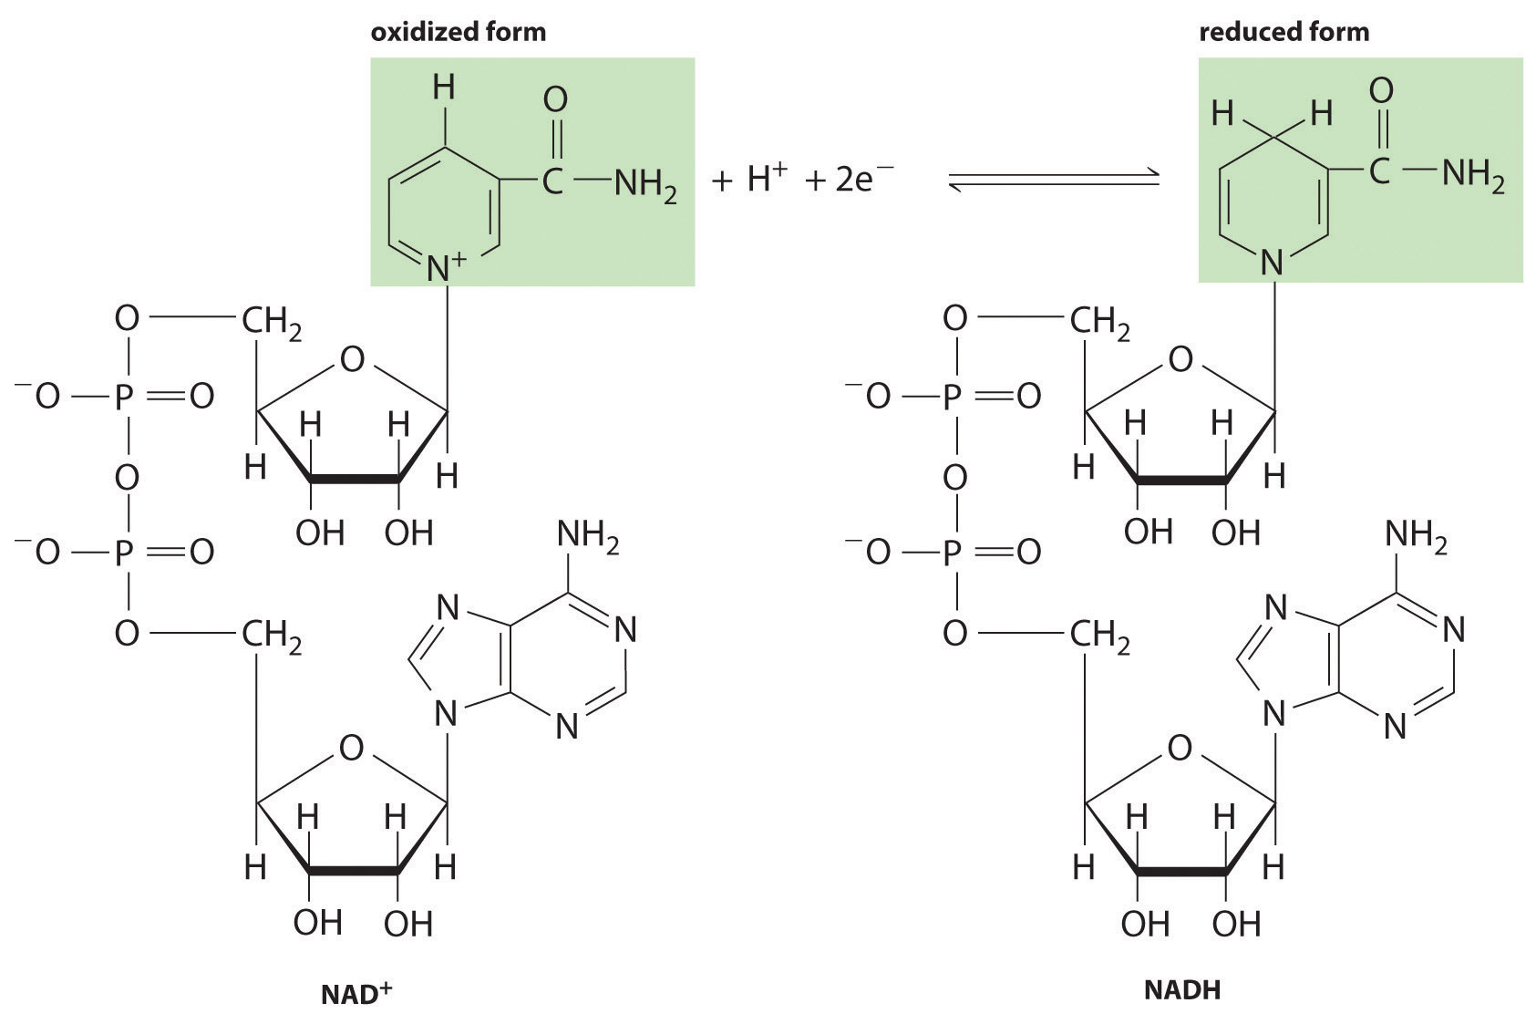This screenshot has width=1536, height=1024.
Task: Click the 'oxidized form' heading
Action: point(458,33)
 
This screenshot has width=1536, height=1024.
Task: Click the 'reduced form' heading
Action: point(1283,33)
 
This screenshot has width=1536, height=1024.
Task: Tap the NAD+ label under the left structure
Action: point(356,992)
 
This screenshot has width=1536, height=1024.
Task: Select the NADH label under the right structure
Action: point(1181,989)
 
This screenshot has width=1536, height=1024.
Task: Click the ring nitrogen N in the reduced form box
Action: point(1273,265)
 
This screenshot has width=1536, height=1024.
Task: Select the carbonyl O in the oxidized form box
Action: point(554,99)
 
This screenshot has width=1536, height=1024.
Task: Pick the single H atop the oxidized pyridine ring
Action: point(444,88)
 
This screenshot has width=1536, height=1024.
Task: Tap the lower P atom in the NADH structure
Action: point(954,551)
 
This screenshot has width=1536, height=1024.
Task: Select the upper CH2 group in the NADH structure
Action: point(1099,323)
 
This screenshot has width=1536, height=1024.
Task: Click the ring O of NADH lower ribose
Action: point(1179,749)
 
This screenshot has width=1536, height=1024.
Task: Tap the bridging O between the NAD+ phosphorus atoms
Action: point(127,476)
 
